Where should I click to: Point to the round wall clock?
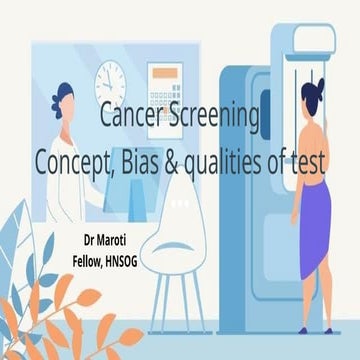[111, 79]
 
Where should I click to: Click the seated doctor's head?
[64, 100]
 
